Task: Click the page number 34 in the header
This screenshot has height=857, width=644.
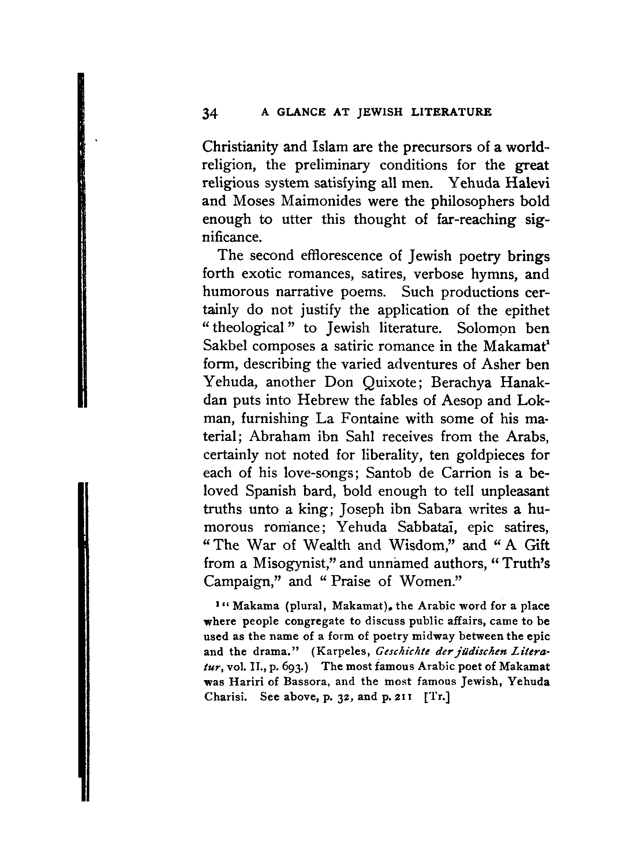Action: [210, 113]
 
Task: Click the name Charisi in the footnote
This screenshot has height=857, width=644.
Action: [225, 696]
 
